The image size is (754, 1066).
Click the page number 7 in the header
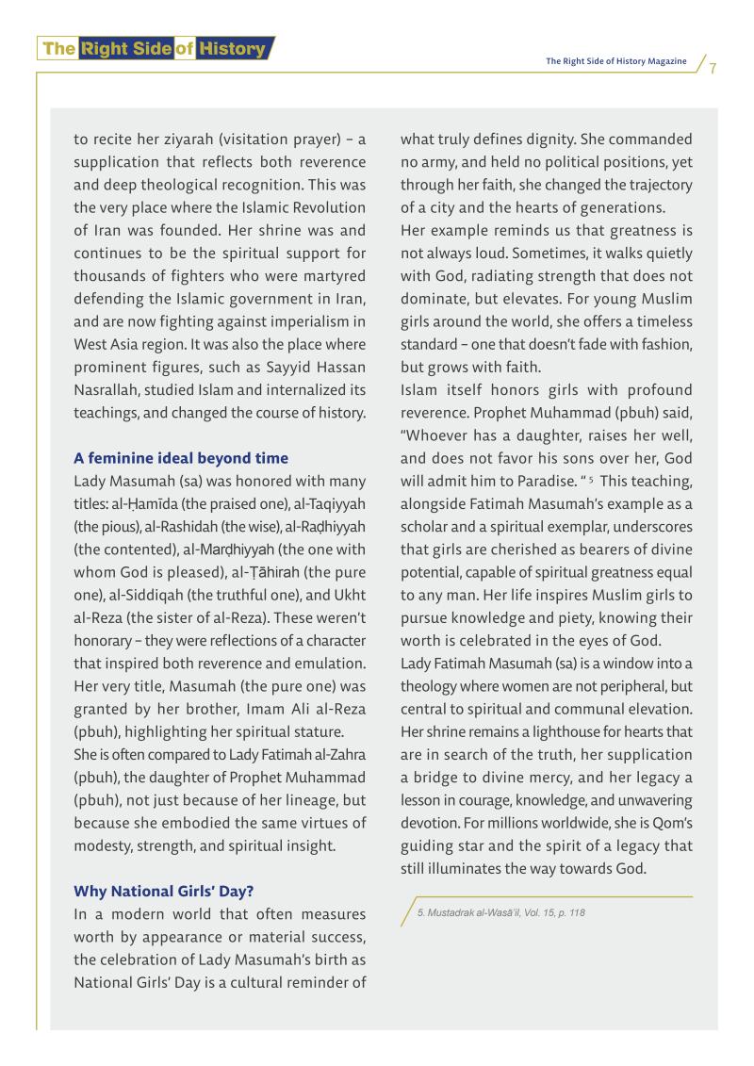[713, 69]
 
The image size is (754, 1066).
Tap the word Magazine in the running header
[662, 61]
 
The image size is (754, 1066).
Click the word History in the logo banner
[232, 48]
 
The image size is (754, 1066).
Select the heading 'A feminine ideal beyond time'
[181, 458]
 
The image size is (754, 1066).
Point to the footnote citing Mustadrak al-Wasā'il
[501, 912]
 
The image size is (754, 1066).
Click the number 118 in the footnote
[574, 912]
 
